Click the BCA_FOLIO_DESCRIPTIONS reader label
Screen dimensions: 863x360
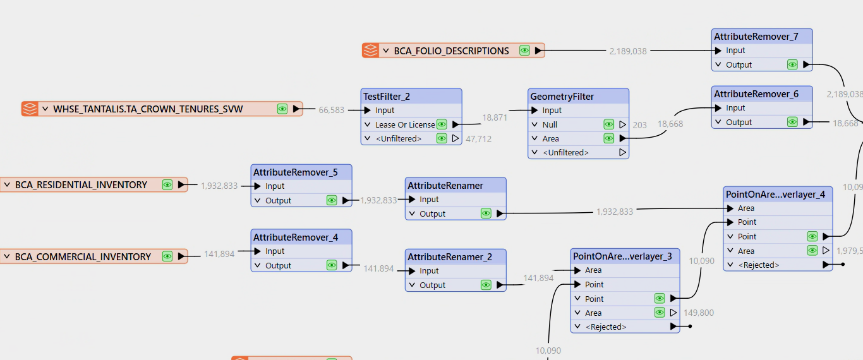point(451,51)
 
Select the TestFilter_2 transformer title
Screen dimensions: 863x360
point(387,96)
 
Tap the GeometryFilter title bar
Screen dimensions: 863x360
point(578,96)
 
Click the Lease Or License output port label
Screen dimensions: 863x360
point(405,125)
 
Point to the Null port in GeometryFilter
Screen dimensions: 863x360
point(550,125)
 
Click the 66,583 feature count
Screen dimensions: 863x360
point(331,110)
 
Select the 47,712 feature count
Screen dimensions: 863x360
point(478,139)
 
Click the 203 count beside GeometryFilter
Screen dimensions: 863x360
point(639,125)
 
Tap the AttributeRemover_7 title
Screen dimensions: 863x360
point(756,37)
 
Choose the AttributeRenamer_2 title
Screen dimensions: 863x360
point(450,257)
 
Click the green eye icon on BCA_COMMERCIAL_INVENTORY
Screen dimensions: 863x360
point(167,256)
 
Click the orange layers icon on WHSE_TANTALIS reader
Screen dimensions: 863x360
point(30,109)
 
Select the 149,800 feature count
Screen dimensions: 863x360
point(699,313)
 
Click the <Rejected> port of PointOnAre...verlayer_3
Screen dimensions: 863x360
point(606,327)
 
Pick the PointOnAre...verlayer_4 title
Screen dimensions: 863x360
point(775,195)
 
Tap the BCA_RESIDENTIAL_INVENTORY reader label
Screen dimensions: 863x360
point(81,185)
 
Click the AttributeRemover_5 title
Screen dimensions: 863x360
point(295,172)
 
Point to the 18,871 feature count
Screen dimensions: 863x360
point(495,117)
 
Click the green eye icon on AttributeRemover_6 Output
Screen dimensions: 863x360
point(792,122)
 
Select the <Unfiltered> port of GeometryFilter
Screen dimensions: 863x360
point(565,152)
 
